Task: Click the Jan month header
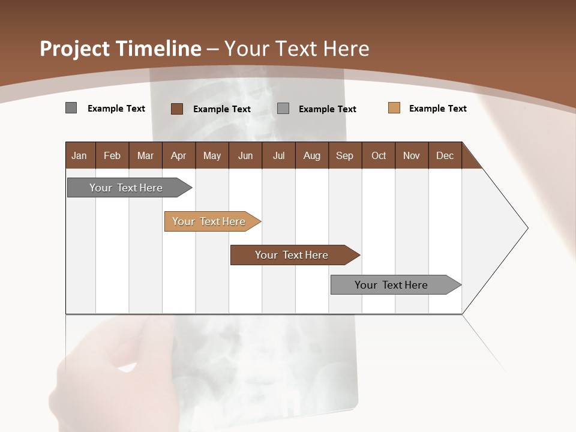(x=79, y=155)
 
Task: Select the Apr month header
(x=178, y=155)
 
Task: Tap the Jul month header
(x=278, y=155)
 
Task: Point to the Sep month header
(x=344, y=155)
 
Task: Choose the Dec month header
(x=445, y=155)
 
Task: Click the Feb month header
(x=112, y=155)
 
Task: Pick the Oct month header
(x=379, y=155)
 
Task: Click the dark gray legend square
(x=71, y=108)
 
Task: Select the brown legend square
(x=176, y=109)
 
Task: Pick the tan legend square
(x=394, y=108)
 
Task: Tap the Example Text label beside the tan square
(x=437, y=109)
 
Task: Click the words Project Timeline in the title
(x=120, y=49)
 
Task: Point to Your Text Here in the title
(x=297, y=49)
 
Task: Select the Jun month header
(x=245, y=155)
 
